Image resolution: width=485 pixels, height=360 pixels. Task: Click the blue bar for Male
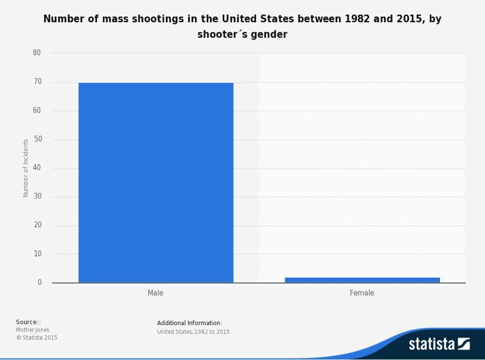click(156, 182)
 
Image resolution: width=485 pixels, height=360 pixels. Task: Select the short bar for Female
click(362, 280)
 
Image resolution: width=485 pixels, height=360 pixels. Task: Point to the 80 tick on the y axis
click(37, 53)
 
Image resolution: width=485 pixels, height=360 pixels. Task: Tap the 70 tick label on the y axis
click(37, 81)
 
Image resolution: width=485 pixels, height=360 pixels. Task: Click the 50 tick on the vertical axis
click(37, 139)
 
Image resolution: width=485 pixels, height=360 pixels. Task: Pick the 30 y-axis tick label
click(37, 196)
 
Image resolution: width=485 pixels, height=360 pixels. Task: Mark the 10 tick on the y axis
click(37, 254)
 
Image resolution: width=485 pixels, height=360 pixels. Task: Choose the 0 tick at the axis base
click(39, 282)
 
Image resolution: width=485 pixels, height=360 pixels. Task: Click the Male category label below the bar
click(155, 293)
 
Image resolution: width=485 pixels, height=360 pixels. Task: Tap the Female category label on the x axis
click(362, 293)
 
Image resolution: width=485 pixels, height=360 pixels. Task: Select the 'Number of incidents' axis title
click(26, 168)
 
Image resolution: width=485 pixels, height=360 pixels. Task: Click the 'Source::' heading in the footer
click(28, 322)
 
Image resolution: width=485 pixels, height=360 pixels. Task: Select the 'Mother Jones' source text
click(33, 330)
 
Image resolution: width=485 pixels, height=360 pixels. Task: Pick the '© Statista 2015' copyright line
click(37, 338)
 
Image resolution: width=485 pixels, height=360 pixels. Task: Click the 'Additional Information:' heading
click(189, 323)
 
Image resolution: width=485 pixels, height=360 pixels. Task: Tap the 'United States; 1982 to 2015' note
click(193, 332)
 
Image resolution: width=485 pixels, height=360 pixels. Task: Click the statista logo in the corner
click(439, 344)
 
